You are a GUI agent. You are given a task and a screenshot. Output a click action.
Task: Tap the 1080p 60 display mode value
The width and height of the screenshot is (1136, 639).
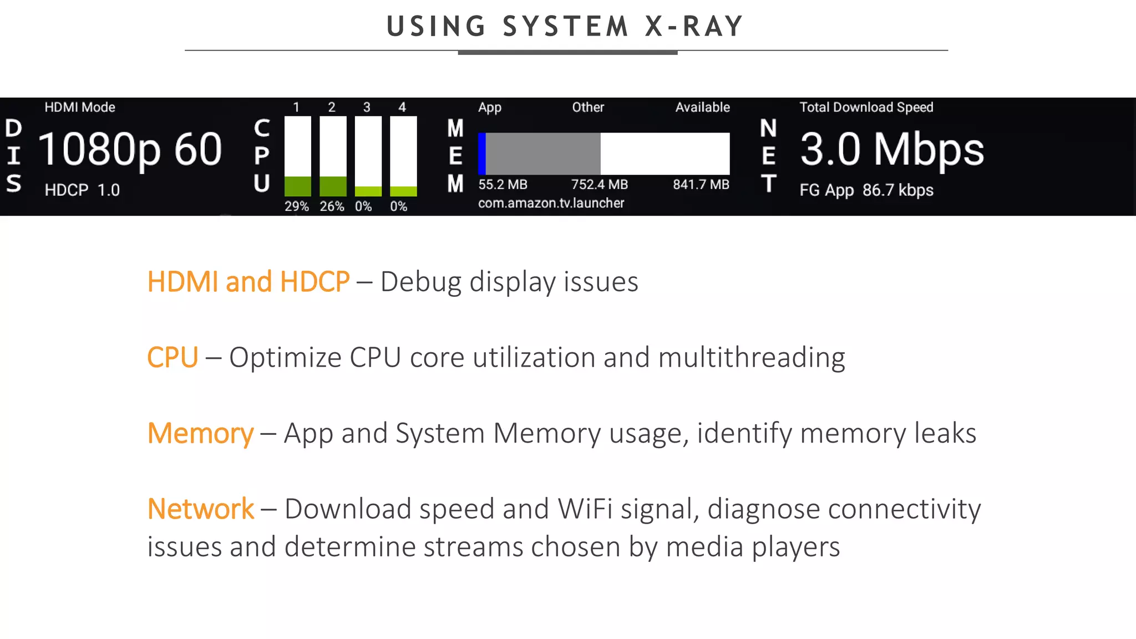(x=130, y=149)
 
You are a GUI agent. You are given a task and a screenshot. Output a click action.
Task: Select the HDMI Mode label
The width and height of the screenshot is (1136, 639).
(x=80, y=107)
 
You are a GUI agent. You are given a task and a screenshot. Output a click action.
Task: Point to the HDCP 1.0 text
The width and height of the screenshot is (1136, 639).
(x=82, y=190)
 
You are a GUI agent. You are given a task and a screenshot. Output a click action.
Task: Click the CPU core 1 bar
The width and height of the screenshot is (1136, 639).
(x=297, y=156)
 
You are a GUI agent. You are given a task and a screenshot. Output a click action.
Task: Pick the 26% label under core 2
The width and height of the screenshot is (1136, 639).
(x=332, y=206)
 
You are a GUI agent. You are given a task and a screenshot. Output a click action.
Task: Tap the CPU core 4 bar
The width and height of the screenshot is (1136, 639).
(x=403, y=156)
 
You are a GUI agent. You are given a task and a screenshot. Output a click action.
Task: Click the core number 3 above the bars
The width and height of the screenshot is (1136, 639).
(x=367, y=107)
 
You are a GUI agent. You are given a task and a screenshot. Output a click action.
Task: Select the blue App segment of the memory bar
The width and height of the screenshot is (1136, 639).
(x=482, y=154)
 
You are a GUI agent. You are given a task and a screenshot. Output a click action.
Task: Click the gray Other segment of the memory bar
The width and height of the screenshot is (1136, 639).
(x=543, y=154)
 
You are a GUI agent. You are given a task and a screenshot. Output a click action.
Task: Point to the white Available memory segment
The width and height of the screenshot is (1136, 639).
(x=665, y=154)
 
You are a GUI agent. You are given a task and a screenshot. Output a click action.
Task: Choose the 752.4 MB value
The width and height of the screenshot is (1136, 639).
(x=600, y=184)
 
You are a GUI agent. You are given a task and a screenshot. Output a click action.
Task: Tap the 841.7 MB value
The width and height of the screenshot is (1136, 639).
(x=701, y=184)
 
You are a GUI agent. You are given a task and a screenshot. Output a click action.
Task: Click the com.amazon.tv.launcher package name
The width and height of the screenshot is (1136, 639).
(x=551, y=203)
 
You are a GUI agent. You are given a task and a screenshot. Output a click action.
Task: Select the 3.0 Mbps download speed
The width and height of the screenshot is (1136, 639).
(x=891, y=149)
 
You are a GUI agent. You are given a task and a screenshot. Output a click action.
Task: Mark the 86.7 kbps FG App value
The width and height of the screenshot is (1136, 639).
(x=897, y=190)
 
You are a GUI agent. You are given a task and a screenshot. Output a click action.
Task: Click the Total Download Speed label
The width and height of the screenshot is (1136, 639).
(x=866, y=107)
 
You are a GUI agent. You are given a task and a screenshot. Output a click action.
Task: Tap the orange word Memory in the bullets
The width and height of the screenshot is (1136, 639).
(x=200, y=433)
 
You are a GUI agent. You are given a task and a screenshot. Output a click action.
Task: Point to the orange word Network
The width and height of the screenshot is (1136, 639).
(x=201, y=509)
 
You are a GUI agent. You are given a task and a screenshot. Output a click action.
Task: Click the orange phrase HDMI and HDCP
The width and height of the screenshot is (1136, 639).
(x=248, y=282)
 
